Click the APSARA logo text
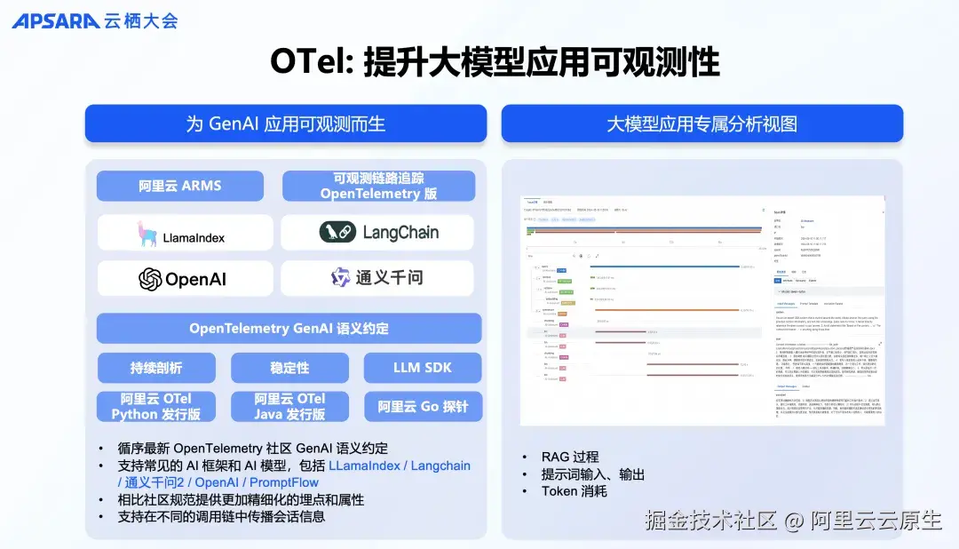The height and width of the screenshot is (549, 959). [55, 20]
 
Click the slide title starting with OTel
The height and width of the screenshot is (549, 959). [495, 63]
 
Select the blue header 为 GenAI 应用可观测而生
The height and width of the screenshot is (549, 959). [285, 123]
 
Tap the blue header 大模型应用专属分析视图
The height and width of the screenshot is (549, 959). [701, 123]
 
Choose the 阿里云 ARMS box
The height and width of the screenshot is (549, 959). [180, 186]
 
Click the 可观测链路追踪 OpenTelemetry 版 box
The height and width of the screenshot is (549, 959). [378, 186]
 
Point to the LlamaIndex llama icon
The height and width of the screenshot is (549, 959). [147, 234]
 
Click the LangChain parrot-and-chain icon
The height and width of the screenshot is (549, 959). [337, 233]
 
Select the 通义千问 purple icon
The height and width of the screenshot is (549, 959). [341, 278]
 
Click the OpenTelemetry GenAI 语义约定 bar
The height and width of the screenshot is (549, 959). [289, 329]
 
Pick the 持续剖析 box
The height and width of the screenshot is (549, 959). [156, 368]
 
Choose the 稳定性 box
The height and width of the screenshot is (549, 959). [289, 368]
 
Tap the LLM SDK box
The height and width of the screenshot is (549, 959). [423, 368]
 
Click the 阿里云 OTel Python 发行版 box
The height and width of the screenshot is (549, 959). [156, 407]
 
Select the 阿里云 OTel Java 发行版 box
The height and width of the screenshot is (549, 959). [289, 407]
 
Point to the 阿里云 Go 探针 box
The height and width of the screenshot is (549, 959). [423, 407]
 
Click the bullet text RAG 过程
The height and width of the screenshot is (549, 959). [570, 457]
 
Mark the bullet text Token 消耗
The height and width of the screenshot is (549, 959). [574, 490]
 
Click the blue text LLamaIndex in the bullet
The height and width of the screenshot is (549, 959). [364, 465]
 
